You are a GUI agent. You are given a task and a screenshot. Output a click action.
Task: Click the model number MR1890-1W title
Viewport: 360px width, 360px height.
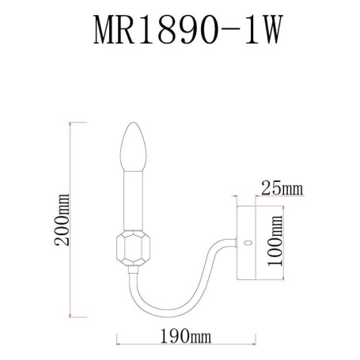click(180, 34)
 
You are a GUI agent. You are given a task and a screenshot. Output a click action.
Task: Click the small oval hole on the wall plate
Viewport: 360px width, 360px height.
click(249, 244)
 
